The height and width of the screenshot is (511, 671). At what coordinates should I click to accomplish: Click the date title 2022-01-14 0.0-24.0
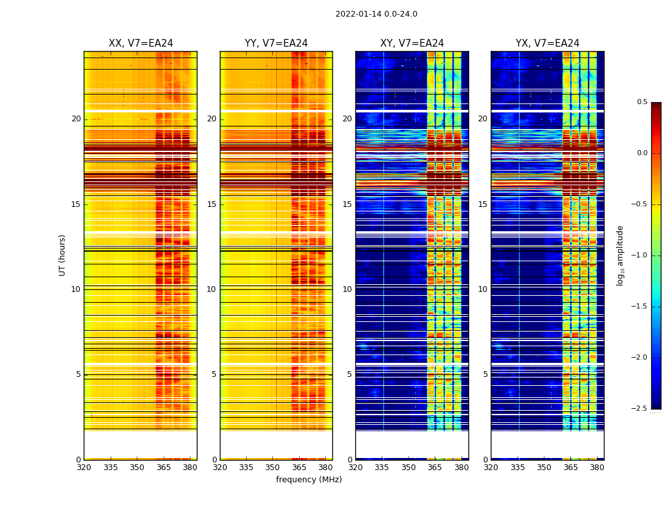tap(376, 14)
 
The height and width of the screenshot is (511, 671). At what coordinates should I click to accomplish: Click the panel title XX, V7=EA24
tap(141, 43)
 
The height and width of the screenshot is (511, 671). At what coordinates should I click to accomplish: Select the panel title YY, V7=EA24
tap(276, 43)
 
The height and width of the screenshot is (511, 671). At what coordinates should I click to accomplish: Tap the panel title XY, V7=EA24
tap(412, 43)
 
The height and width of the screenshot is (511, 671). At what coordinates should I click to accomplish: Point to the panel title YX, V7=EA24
tap(547, 43)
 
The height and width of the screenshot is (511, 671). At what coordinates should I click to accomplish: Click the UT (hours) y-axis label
tap(63, 255)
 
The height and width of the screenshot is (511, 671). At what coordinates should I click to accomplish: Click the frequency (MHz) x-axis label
tap(309, 480)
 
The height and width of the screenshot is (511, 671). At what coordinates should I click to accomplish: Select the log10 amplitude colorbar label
tap(620, 255)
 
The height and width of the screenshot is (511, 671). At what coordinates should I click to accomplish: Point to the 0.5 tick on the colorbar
tap(642, 102)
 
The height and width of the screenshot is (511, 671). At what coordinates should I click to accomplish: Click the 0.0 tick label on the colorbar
tap(642, 153)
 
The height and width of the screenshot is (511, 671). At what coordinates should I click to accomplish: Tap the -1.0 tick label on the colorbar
tap(640, 256)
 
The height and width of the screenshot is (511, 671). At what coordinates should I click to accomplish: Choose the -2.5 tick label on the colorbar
tap(640, 409)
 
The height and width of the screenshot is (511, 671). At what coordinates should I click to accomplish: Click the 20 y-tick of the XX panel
tap(76, 119)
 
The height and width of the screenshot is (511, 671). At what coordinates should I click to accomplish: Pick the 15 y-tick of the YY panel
tap(212, 204)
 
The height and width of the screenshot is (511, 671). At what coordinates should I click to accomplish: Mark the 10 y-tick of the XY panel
tap(348, 289)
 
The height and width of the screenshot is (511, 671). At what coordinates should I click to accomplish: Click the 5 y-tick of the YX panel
tap(486, 374)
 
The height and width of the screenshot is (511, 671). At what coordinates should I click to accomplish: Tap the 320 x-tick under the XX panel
tap(84, 468)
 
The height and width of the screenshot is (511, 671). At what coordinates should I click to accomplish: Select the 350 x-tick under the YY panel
tap(273, 468)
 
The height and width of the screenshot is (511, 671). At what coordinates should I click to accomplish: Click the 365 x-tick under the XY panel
tap(435, 468)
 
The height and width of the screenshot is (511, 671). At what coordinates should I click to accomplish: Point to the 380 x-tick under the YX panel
tap(597, 468)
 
